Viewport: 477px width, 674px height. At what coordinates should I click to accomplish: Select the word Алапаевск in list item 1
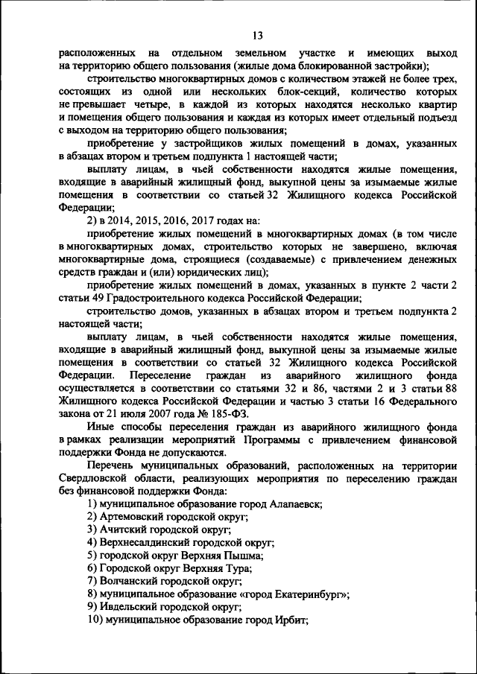click(x=296, y=504)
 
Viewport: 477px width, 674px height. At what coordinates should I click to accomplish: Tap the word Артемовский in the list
click(x=130, y=517)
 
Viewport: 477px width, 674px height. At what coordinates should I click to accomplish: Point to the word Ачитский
click(x=121, y=530)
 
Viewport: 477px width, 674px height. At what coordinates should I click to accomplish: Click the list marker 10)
click(x=95, y=619)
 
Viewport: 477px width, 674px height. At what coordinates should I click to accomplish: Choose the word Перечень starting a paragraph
click(x=112, y=465)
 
